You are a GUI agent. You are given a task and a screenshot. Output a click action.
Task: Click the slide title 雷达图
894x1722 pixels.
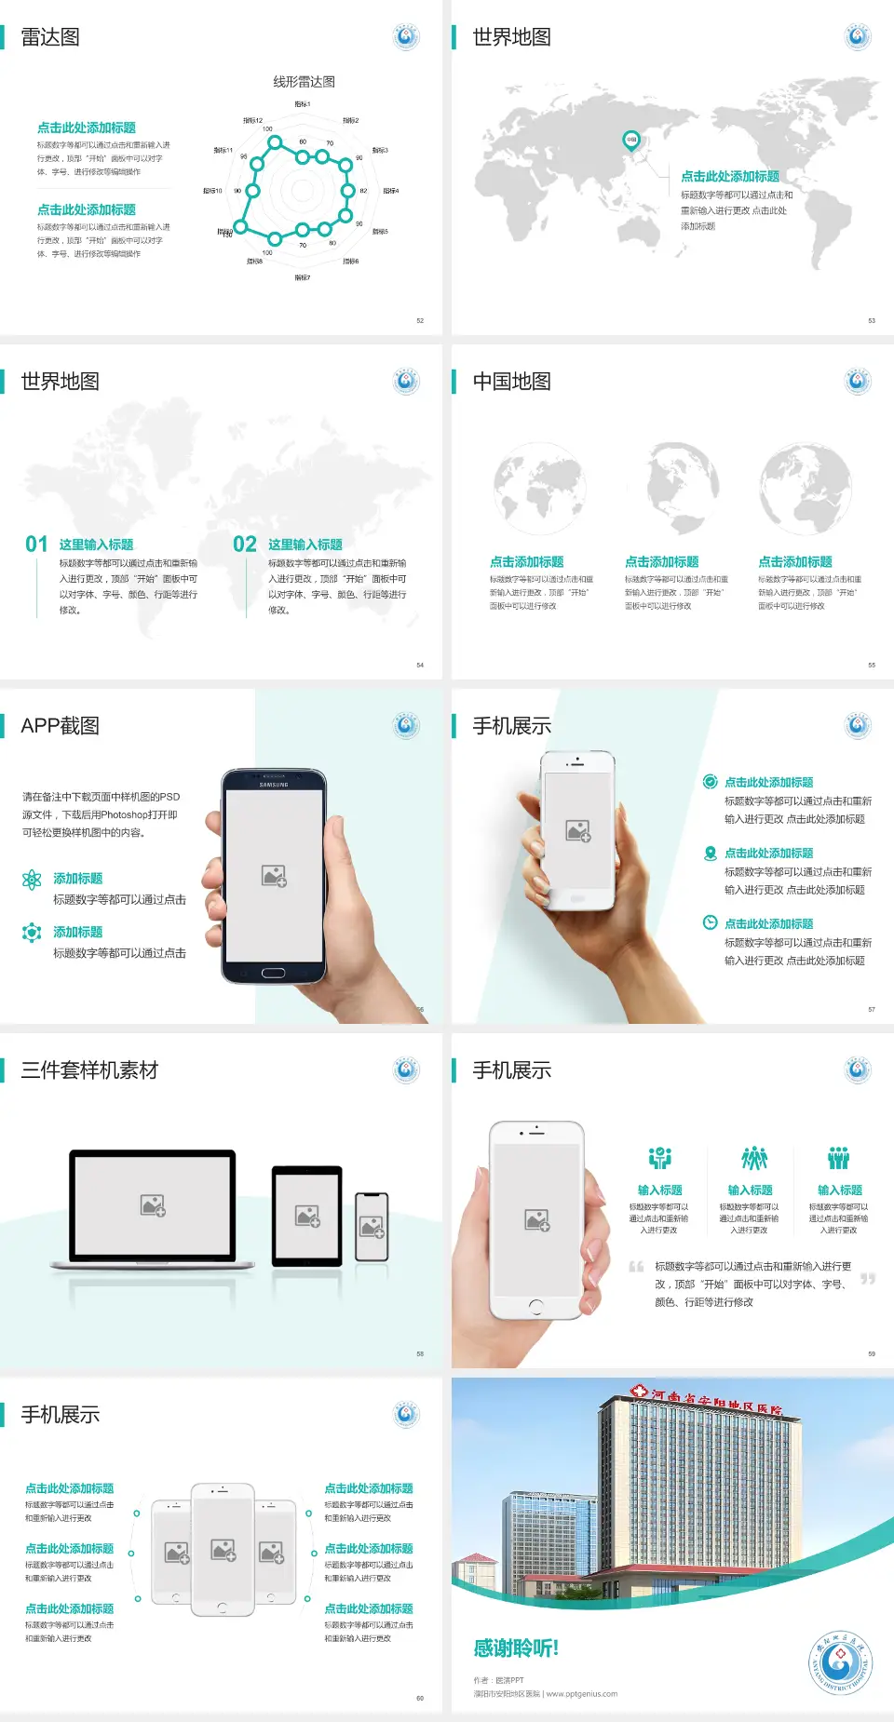(50, 37)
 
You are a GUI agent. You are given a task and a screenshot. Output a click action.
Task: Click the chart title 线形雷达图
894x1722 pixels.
(304, 82)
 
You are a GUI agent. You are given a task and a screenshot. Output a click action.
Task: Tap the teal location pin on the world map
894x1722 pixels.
(630, 141)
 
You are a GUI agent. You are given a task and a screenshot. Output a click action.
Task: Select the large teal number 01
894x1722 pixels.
(36, 545)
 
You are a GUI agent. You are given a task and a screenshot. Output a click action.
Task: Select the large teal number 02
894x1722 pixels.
(245, 545)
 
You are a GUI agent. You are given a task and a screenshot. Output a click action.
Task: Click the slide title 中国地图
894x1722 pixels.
(511, 382)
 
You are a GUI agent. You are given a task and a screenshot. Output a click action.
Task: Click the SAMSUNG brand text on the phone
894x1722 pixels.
(274, 785)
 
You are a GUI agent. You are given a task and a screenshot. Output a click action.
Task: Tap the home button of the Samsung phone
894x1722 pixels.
(273, 973)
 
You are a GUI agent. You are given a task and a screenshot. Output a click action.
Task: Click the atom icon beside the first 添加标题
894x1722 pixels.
(32, 880)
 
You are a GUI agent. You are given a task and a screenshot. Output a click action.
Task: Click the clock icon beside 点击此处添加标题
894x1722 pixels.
(710, 922)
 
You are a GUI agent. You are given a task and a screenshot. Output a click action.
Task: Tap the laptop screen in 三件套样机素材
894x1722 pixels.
(153, 1205)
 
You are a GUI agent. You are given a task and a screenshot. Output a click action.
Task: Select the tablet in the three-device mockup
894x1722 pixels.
(307, 1215)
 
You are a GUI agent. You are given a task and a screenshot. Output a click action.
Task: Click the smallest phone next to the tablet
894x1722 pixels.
(372, 1227)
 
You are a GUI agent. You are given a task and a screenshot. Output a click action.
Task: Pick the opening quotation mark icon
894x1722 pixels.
(636, 1267)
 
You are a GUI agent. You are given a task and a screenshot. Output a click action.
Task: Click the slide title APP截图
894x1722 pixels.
(61, 726)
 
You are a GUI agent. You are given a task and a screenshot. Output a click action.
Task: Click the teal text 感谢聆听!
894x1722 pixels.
(516, 1648)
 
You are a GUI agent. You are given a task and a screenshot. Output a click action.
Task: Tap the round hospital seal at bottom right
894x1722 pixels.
(840, 1661)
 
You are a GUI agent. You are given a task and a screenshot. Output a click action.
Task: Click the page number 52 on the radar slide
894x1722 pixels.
(420, 320)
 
